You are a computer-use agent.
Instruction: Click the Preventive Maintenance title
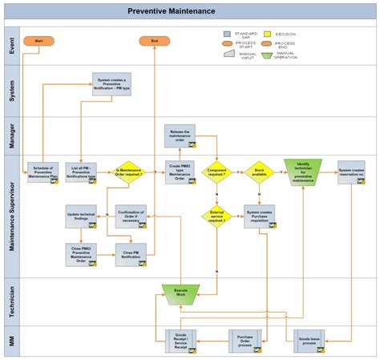click(171, 11)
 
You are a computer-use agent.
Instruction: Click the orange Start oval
click(38, 40)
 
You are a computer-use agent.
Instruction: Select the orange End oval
click(155, 40)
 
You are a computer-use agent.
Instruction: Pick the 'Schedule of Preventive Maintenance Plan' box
click(43, 172)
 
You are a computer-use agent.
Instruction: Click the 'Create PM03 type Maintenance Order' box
click(180, 172)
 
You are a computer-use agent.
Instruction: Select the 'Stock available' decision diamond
click(259, 172)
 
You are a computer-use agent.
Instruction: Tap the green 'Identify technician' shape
click(303, 172)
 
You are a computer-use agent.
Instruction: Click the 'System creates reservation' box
click(350, 172)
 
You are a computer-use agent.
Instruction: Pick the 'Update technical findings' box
click(80, 216)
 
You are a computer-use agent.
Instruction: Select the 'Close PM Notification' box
click(130, 254)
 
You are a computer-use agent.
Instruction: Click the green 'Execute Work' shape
click(180, 293)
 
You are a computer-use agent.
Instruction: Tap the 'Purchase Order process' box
click(245, 340)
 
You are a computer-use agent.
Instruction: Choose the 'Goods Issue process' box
click(309, 340)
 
